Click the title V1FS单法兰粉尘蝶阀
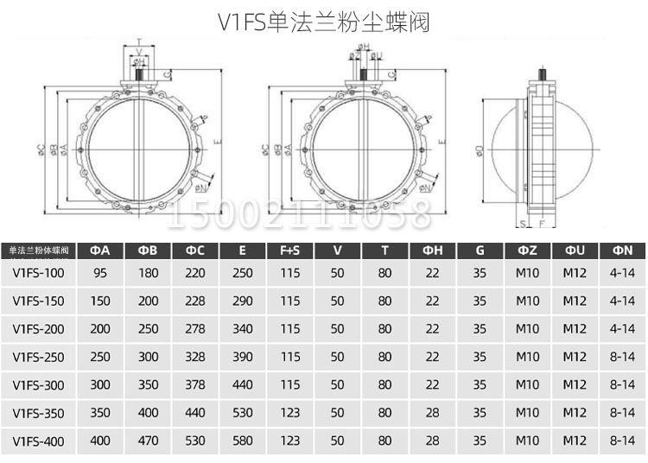pyautogui.click(x=324, y=22)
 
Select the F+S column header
pyautogui.click(x=289, y=251)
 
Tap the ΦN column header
pyautogui.click(x=622, y=251)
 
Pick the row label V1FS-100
pyautogui.click(x=39, y=274)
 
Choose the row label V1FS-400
pyautogui.click(x=39, y=441)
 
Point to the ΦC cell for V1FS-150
pyautogui.click(x=195, y=301)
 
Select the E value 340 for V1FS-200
pyautogui.click(x=243, y=329)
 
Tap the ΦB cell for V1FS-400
pyautogui.click(x=148, y=441)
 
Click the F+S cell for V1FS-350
pyautogui.click(x=289, y=414)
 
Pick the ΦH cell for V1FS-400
pyautogui.click(x=432, y=441)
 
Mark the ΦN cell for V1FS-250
pyautogui.click(x=622, y=358)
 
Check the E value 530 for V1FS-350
pyautogui.click(x=243, y=414)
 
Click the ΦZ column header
pyautogui.click(x=527, y=251)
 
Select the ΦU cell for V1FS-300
pyautogui.click(x=575, y=385)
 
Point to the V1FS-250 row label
pyautogui.click(x=39, y=358)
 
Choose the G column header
pyautogui.click(x=480, y=251)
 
